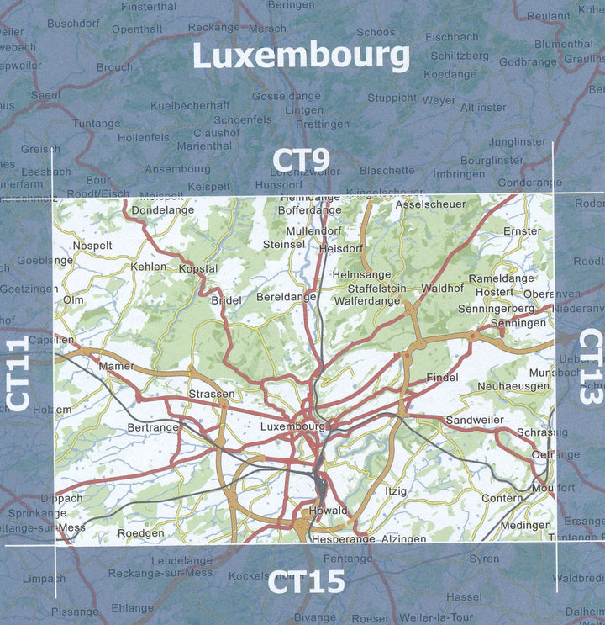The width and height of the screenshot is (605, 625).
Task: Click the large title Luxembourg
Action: pyautogui.click(x=301, y=56)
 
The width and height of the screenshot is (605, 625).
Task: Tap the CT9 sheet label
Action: pyautogui.click(x=301, y=160)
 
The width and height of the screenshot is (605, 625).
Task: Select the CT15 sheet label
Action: pyautogui.click(x=307, y=581)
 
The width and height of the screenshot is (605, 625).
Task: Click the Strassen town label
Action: pyautogui.click(x=212, y=394)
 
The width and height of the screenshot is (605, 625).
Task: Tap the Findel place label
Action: pyautogui.click(x=443, y=378)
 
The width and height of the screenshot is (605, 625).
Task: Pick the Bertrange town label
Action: pyautogui.click(x=153, y=427)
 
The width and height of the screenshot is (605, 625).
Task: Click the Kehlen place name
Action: pyautogui.click(x=149, y=267)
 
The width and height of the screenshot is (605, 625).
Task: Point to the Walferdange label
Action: pyautogui.click(x=367, y=300)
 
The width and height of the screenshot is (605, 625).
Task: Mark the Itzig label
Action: pyautogui.click(x=396, y=490)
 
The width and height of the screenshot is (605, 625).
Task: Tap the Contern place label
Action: pyautogui.click(x=502, y=498)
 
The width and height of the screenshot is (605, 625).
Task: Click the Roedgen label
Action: pyautogui.click(x=140, y=532)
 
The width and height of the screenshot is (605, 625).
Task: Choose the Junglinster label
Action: pyautogui.click(x=518, y=141)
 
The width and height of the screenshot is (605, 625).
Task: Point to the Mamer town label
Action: pyautogui.click(x=116, y=367)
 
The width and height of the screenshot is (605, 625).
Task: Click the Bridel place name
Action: pyautogui.click(x=226, y=300)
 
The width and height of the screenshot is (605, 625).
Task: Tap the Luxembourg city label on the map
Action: pyautogui.click(x=292, y=426)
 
